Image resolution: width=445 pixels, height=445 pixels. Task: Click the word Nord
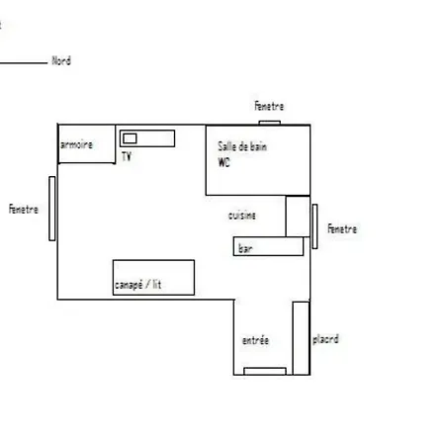[x=61, y=61]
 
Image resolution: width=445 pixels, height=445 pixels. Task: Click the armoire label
[x=76, y=144]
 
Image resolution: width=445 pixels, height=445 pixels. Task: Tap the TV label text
[x=127, y=156]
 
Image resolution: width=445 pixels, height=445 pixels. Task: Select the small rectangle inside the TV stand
[x=130, y=138]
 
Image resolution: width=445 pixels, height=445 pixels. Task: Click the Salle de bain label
[x=242, y=146]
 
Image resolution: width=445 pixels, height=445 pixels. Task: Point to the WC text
[x=223, y=162]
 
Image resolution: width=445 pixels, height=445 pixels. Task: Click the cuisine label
[x=242, y=216]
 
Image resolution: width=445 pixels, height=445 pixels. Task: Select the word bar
[x=245, y=248]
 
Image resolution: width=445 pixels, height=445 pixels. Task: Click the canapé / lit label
[x=138, y=285]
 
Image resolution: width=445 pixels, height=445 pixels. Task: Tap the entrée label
[x=255, y=340]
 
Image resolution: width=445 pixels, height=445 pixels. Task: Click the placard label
[x=325, y=339]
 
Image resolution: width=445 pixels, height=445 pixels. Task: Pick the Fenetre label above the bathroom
[x=269, y=106]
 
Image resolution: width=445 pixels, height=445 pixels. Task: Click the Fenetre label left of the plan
[x=24, y=210]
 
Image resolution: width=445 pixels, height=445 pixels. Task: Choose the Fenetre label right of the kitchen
[x=342, y=228]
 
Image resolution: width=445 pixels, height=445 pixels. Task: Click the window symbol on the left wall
[x=52, y=209]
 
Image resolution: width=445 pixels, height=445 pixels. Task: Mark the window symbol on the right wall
[x=314, y=226]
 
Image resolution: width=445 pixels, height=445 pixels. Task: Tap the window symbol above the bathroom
[x=270, y=123]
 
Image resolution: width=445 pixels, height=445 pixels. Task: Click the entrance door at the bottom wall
[x=265, y=371]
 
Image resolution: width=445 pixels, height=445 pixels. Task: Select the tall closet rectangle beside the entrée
[x=301, y=338]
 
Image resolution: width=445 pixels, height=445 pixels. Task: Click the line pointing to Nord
[x=24, y=62]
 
